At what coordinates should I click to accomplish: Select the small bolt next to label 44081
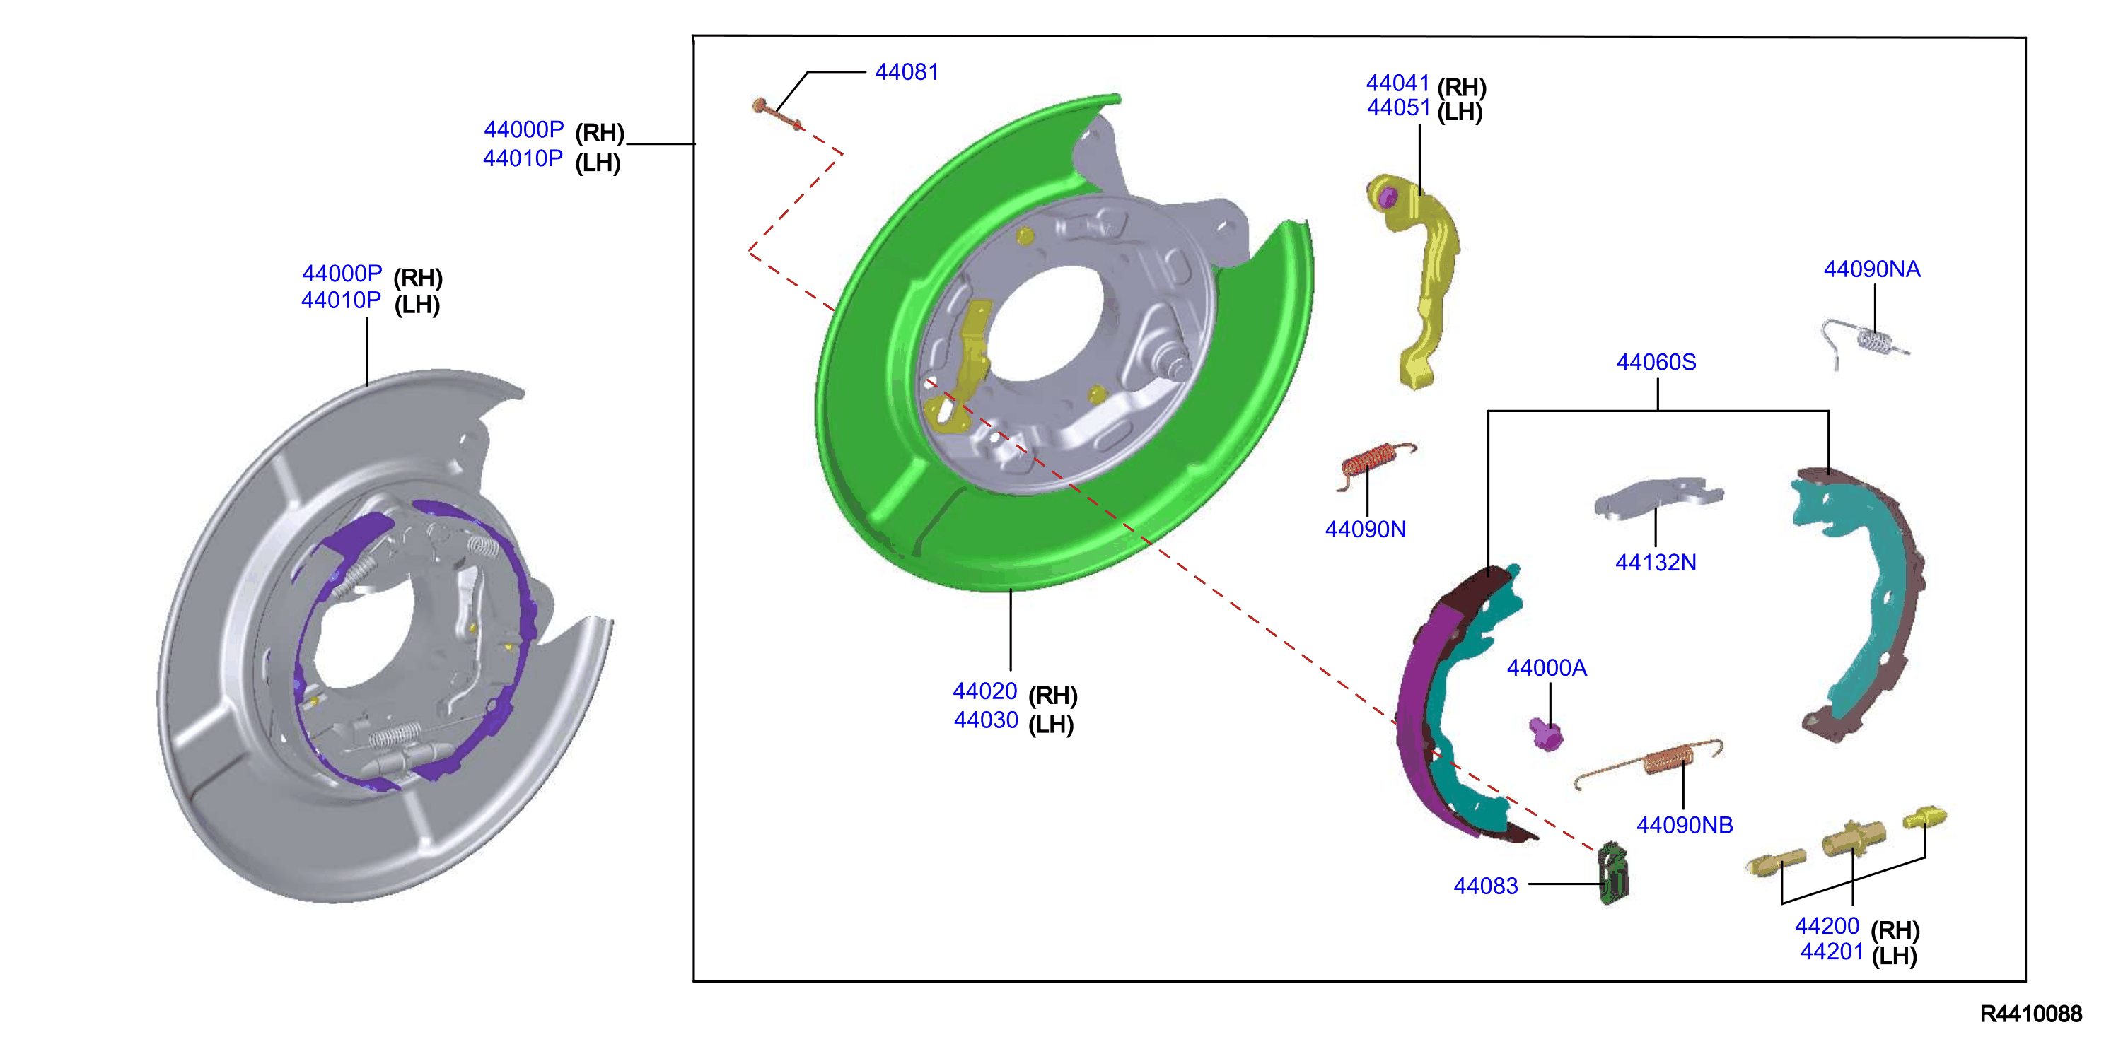[x=777, y=114]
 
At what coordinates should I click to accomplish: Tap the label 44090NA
[x=1872, y=269]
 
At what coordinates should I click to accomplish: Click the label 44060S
[x=1656, y=362]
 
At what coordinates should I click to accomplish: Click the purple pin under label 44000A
[x=1545, y=734]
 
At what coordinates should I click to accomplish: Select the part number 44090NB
[x=1685, y=824]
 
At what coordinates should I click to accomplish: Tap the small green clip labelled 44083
[x=1612, y=874]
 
